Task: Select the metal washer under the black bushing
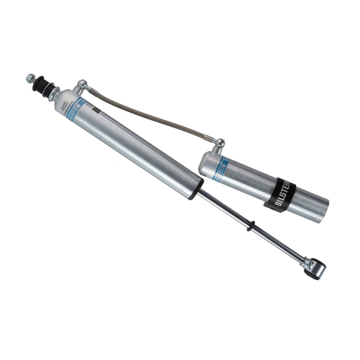click(49, 90)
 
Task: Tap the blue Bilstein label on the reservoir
click(221, 168)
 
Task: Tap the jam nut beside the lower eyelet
click(306, 261)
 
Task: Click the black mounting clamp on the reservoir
click(279, 195)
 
